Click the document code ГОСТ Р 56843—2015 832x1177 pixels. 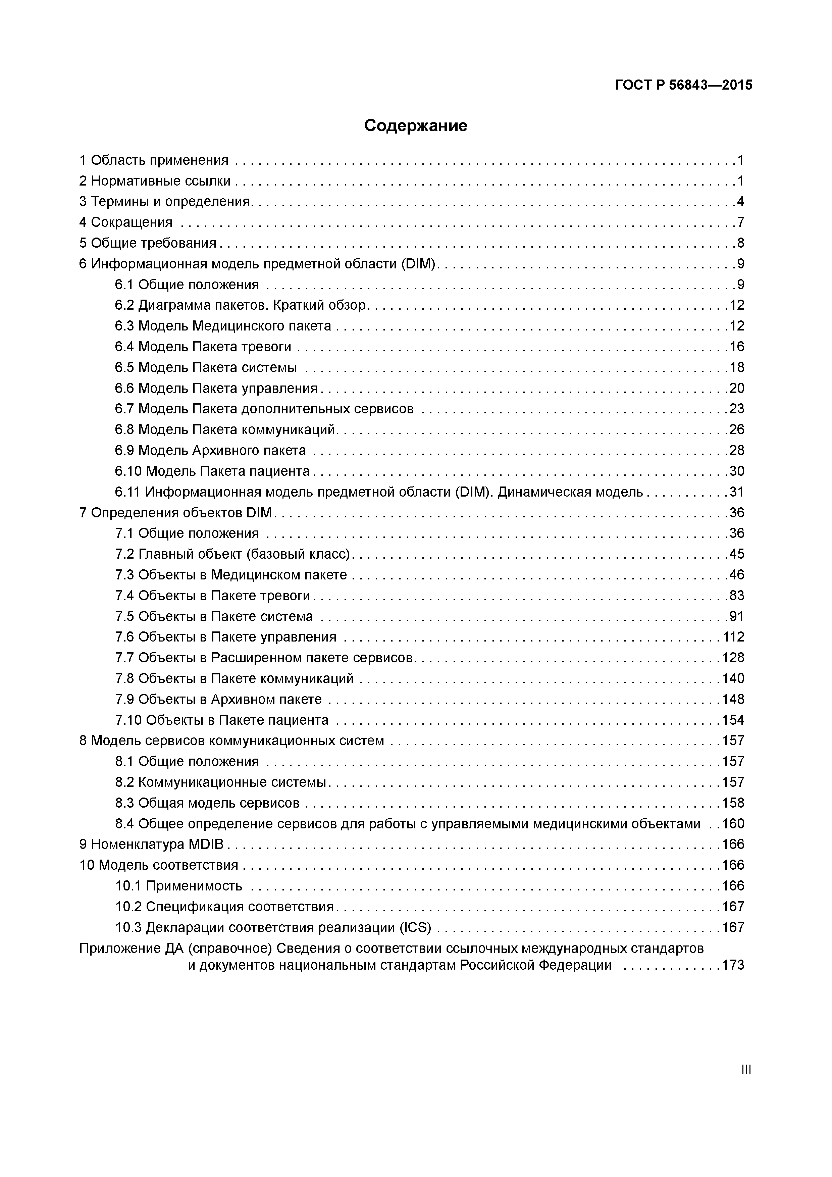683,85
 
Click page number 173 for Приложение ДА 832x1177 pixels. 733,965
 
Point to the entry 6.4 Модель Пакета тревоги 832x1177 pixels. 203,347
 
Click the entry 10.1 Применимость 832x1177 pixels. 178,886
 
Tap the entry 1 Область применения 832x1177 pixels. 154,160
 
